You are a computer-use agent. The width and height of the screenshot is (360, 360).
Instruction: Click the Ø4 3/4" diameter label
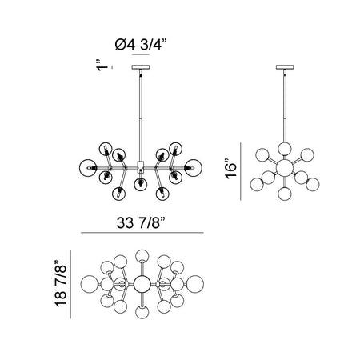[x=141, y=45]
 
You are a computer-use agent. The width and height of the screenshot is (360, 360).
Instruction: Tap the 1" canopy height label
[x=102, y=66]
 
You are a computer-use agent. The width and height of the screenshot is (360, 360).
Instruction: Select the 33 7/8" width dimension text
[x=142, y=222]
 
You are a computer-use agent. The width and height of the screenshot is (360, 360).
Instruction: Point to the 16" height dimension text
[x=230, y=169]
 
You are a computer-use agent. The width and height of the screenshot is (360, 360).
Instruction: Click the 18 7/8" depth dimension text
[x=61, y=284]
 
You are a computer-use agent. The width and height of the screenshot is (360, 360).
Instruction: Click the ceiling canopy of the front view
[x=141, y=67]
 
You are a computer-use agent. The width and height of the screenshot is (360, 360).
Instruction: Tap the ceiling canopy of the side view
[x=285, y=67]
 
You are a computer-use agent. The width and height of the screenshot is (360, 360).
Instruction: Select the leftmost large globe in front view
[x=88, y=168]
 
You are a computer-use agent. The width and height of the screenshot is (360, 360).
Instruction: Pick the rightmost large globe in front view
[x=193, y=168]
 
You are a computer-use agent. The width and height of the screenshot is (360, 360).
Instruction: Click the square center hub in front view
[x=141, y=166]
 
